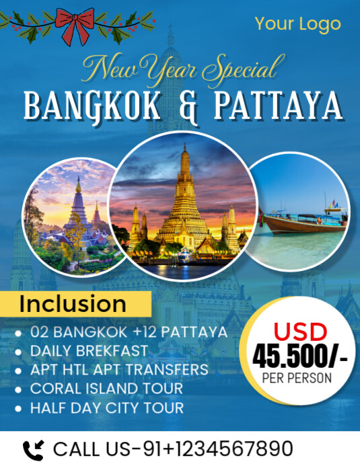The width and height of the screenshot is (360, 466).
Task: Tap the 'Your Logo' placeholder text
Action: [x=297, y=25]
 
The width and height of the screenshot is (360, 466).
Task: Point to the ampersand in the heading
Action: [x=189, y=108]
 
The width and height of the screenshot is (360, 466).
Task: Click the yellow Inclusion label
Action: [x=73, y=303]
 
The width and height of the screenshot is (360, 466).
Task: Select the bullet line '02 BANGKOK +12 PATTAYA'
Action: [x=129, y=333]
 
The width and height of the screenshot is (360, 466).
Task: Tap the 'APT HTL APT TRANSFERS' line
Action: [x=119, y=370]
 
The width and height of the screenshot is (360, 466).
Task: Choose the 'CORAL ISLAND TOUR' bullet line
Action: [x=106, y=389]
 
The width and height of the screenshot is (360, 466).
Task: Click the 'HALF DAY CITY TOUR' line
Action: [x=107, y=407]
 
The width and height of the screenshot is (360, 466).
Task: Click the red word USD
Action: [x=299, y=331]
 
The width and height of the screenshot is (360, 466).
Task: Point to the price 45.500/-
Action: [x=299, y=356]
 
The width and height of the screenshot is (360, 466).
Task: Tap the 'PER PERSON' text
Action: [x=297, y=378]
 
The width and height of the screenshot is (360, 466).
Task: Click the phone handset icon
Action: [x=32, y=449]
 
